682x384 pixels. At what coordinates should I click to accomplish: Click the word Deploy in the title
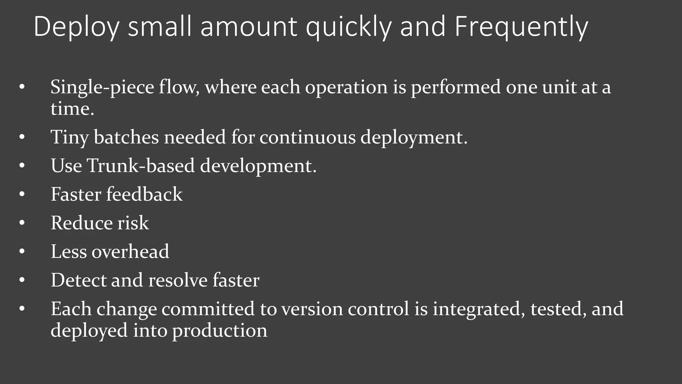76,27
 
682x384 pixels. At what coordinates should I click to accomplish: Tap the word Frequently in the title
521,27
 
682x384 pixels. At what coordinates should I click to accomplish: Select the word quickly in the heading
348,27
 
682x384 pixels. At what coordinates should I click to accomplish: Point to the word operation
346,87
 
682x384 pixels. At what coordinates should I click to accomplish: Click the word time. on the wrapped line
72,109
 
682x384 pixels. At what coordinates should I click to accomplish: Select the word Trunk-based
141,166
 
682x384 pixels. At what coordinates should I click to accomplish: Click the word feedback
144,194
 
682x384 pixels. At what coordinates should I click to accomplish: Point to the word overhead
130,251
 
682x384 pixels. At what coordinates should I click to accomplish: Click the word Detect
78,280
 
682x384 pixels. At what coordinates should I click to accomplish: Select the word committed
208,309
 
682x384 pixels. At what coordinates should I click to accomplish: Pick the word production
220,330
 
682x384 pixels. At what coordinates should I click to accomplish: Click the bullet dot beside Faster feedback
22,194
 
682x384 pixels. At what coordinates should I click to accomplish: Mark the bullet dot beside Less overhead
22,252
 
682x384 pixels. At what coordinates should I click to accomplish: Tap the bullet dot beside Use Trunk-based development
22,166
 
